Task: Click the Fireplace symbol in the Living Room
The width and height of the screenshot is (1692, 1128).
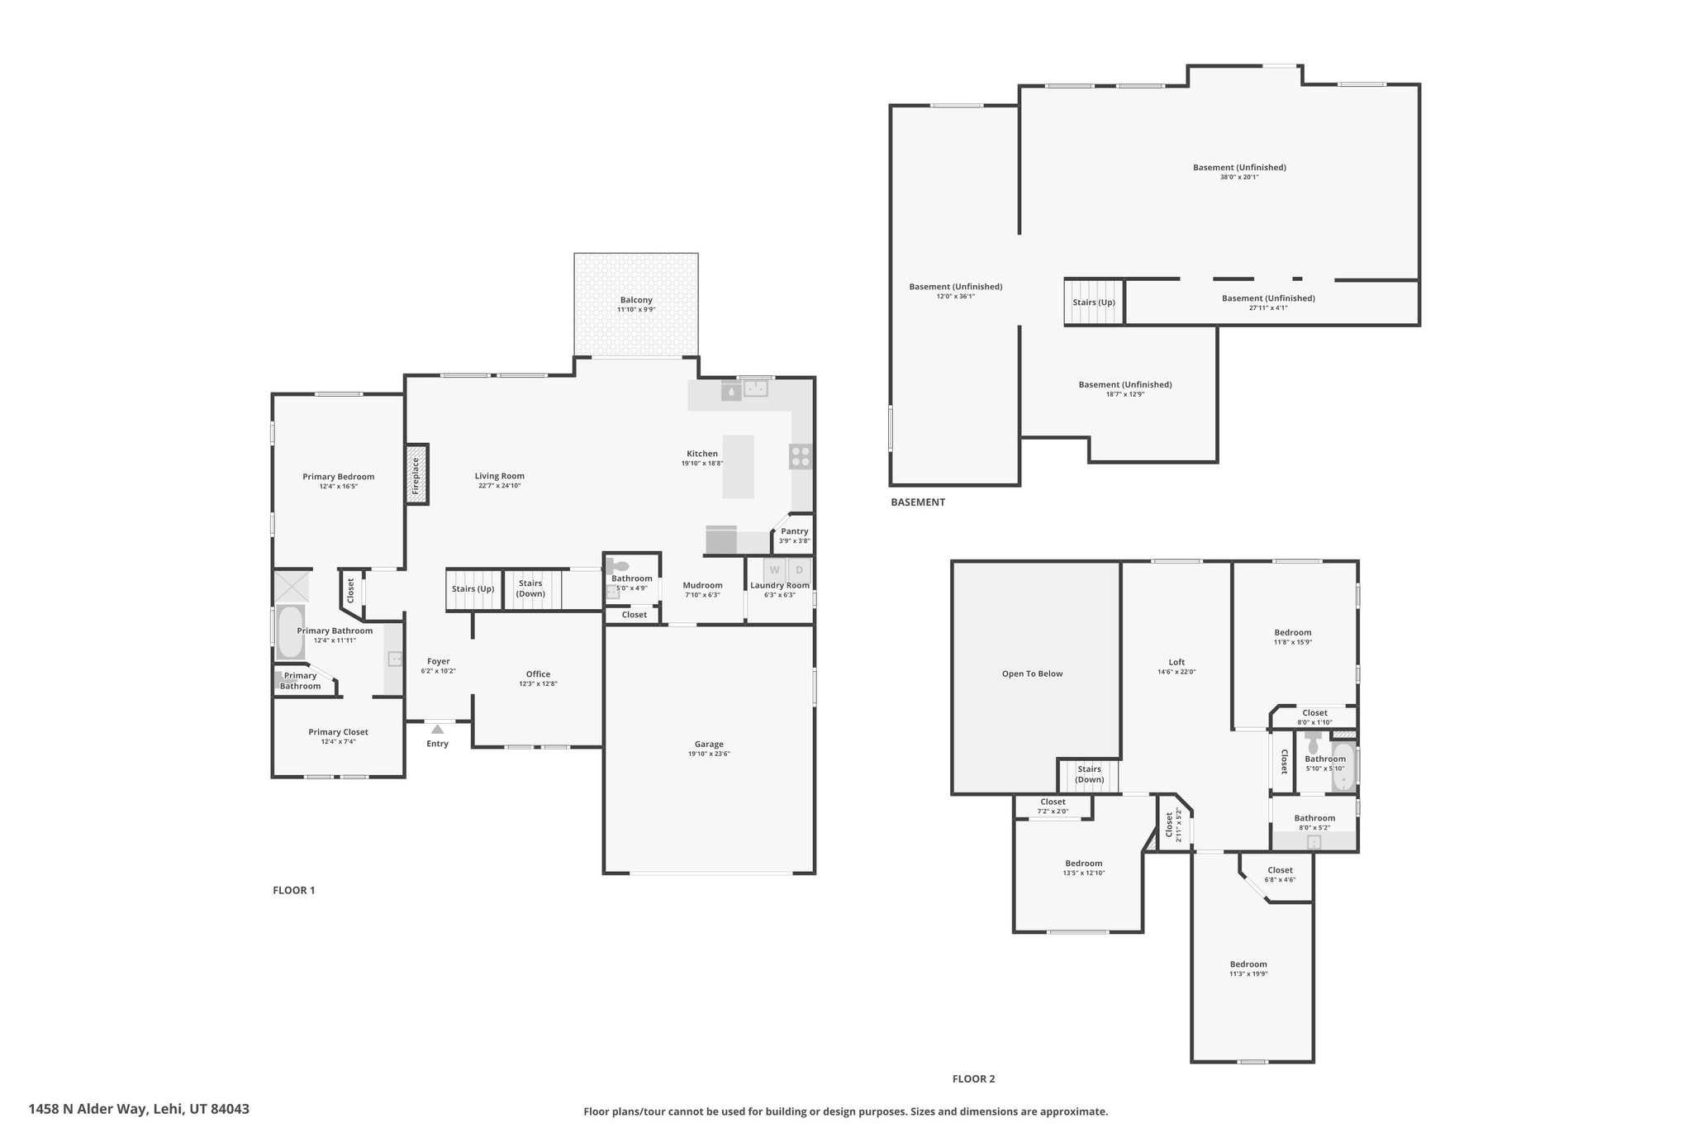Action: click(x=416, y=475)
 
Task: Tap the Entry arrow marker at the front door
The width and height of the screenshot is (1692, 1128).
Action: click(x=437, y=729)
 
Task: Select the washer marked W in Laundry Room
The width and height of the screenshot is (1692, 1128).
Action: click(x=774, y=569)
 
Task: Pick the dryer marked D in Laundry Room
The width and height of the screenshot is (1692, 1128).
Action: click(x=799, y=569)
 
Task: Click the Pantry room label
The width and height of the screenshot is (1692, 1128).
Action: click(x=794, y=531)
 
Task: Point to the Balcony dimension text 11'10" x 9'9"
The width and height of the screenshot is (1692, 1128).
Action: click(x=635, y=310)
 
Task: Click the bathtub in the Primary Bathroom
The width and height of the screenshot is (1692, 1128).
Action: click(x=290, y=632)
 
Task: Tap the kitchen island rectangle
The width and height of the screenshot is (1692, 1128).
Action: click(x=738, y=467)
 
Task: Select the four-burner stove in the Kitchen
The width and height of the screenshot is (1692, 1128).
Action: click(x=800, y=457)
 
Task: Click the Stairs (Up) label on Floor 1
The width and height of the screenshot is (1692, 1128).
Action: click(x=473, y=589)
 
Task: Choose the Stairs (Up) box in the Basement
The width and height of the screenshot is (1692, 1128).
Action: click(x=1094, y=302)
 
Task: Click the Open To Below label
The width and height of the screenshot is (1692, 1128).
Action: click(x=1032, y=673)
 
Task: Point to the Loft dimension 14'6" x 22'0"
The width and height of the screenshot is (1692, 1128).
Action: click(x=1176, y=672)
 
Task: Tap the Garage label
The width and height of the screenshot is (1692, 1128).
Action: click(x=709, y=744)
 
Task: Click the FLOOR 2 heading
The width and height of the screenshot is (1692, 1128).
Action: click(x=973, y=1078)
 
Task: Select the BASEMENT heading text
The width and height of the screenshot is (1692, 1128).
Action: click(x=917, y=502)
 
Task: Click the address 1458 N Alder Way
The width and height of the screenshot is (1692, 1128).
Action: click(x=139, y=1109)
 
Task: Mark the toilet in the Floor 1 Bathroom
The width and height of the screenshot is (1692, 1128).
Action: click(x=617, y=566)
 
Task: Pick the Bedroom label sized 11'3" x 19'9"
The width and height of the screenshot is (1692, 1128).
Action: click(x=1248, y=964)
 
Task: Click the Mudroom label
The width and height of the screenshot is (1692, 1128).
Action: click(x=702, y=585)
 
